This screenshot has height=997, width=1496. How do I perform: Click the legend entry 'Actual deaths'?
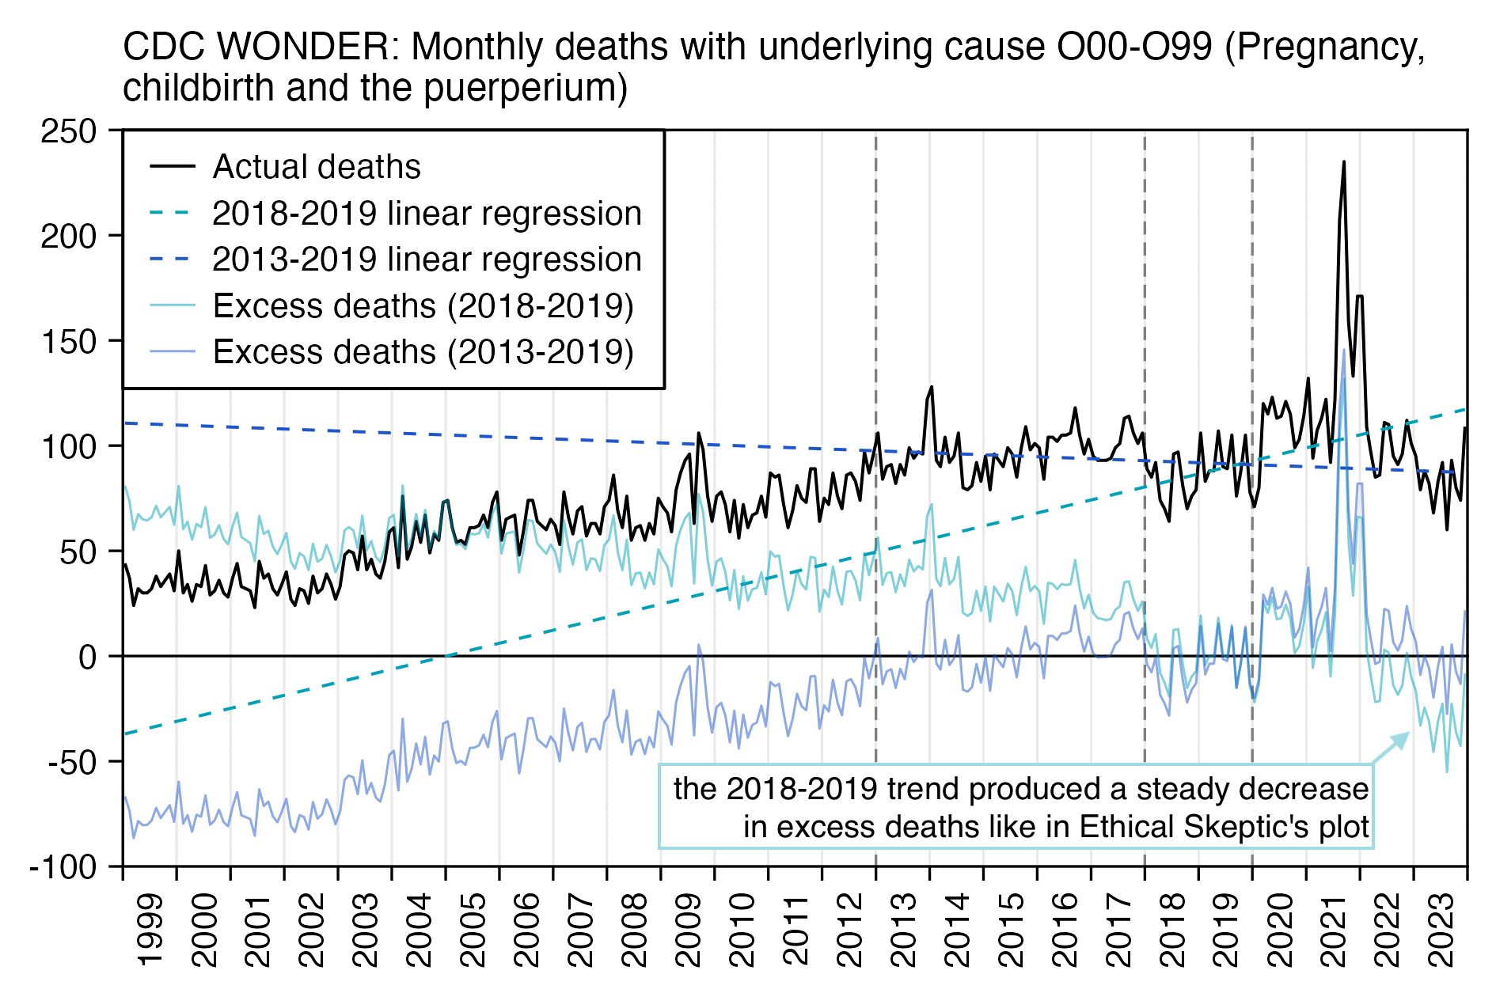[x=317, y=167]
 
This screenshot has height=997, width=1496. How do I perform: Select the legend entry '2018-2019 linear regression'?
[x=427, y=214]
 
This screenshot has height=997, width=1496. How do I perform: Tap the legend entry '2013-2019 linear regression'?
[x=427, y=260]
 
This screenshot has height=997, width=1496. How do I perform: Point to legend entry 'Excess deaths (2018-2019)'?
[x=423, y=306]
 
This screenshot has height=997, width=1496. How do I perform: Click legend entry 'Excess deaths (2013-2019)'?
[x=423, y=352]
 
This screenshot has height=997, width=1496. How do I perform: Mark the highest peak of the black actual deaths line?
[x=1343, y=162]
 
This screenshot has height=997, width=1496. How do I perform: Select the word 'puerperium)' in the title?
[x=526, y=88]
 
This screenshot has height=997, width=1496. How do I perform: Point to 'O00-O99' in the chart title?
[x=1134, y=47]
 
